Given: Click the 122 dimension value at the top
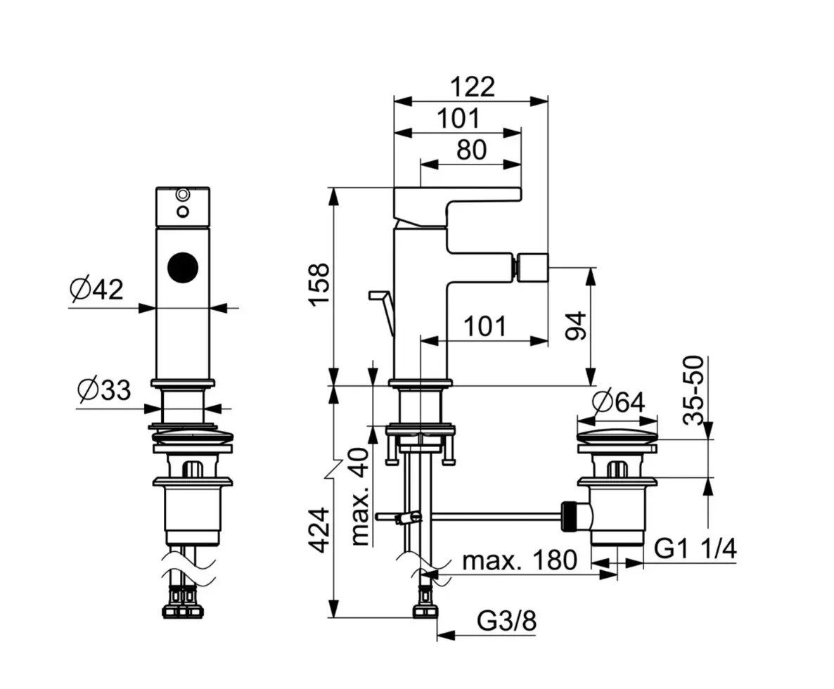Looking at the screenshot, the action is (x=473, y=87).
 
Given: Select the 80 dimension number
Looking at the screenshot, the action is (x=471, y=150).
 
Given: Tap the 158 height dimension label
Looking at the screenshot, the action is (x=320, y=284).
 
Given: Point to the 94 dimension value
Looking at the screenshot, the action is (x=577, y=326).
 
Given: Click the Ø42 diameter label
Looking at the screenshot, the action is (x=96, y=289).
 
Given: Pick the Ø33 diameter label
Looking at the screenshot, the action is (x=103, y=390).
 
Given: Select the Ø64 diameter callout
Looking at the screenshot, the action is (x=618, y=402).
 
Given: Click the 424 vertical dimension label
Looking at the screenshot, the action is (x=320, y=530).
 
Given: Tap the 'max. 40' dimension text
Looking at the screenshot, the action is (x=360, y=497).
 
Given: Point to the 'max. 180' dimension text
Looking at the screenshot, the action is (x=519, y=560).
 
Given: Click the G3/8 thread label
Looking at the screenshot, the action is (x=506, y=620).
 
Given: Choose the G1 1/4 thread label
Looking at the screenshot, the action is (x=695, y=548).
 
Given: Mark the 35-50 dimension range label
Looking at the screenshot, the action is (x=693, y=391).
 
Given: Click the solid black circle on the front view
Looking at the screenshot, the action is (x=182, y=267).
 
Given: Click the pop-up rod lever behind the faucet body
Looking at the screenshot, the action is (x=384, y=312).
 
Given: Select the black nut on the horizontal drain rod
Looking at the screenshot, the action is (x=569, y=515).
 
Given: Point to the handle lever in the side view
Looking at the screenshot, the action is (x=457, y=208).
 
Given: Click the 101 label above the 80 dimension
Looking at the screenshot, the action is (x=458, y=119).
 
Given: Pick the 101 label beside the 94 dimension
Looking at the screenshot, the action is (x=485, y=326).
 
